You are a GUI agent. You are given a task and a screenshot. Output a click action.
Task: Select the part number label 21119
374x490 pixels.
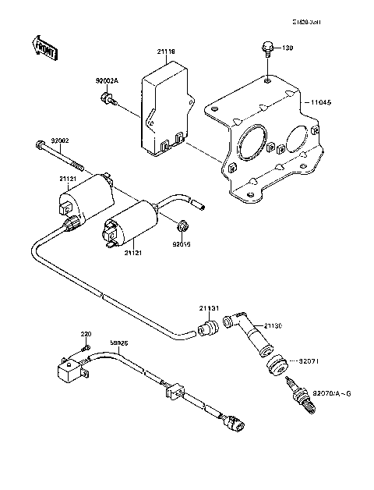pyautogui.click(x=166, y=52)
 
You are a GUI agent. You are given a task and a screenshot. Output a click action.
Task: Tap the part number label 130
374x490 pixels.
pyautogui.click(x=288, y=48)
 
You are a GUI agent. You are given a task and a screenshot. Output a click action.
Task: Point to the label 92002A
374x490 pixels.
pyautogui.click(x=108, y=80)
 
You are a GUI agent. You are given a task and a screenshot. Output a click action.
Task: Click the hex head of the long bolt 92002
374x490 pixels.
pyautogui.click(x=39, y=144)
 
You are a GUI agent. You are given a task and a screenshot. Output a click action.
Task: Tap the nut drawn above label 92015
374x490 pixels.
pyautogui.click(x=182, y=227)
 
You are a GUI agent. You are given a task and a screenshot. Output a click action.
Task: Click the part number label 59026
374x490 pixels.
pyautogui.click(x=120, y=343)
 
